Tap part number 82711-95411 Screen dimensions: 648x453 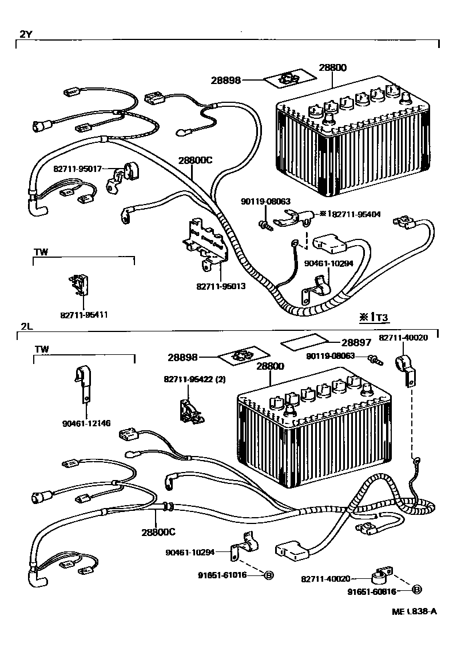(x=84, y=314)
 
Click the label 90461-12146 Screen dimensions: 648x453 (x=87, y=423)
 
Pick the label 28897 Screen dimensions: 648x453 (x=356, y=342)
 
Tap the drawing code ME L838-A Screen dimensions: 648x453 (x=415, y=611)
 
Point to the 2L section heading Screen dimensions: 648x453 (x=26, y=327)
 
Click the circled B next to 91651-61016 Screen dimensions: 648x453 (x=268, y=575)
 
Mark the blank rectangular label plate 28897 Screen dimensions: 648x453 (x=305, y=343)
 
